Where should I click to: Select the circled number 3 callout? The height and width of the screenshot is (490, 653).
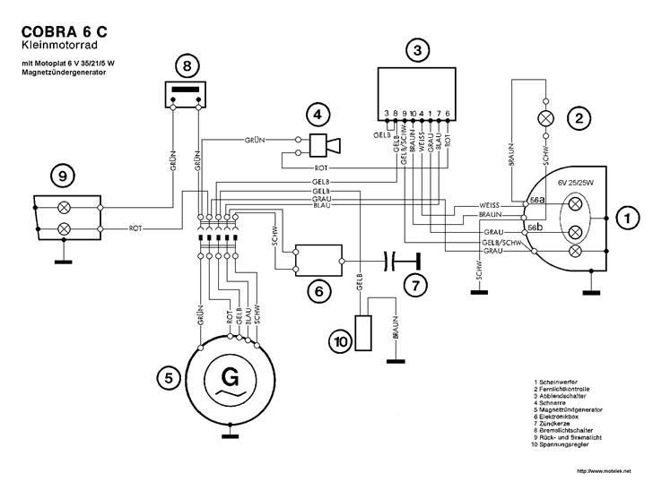coord(414,51)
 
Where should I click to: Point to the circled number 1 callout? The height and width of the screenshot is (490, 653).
coord(629,217)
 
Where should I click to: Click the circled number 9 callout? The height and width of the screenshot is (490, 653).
coord(62,177)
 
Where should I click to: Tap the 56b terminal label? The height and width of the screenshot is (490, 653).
coord(535,228)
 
